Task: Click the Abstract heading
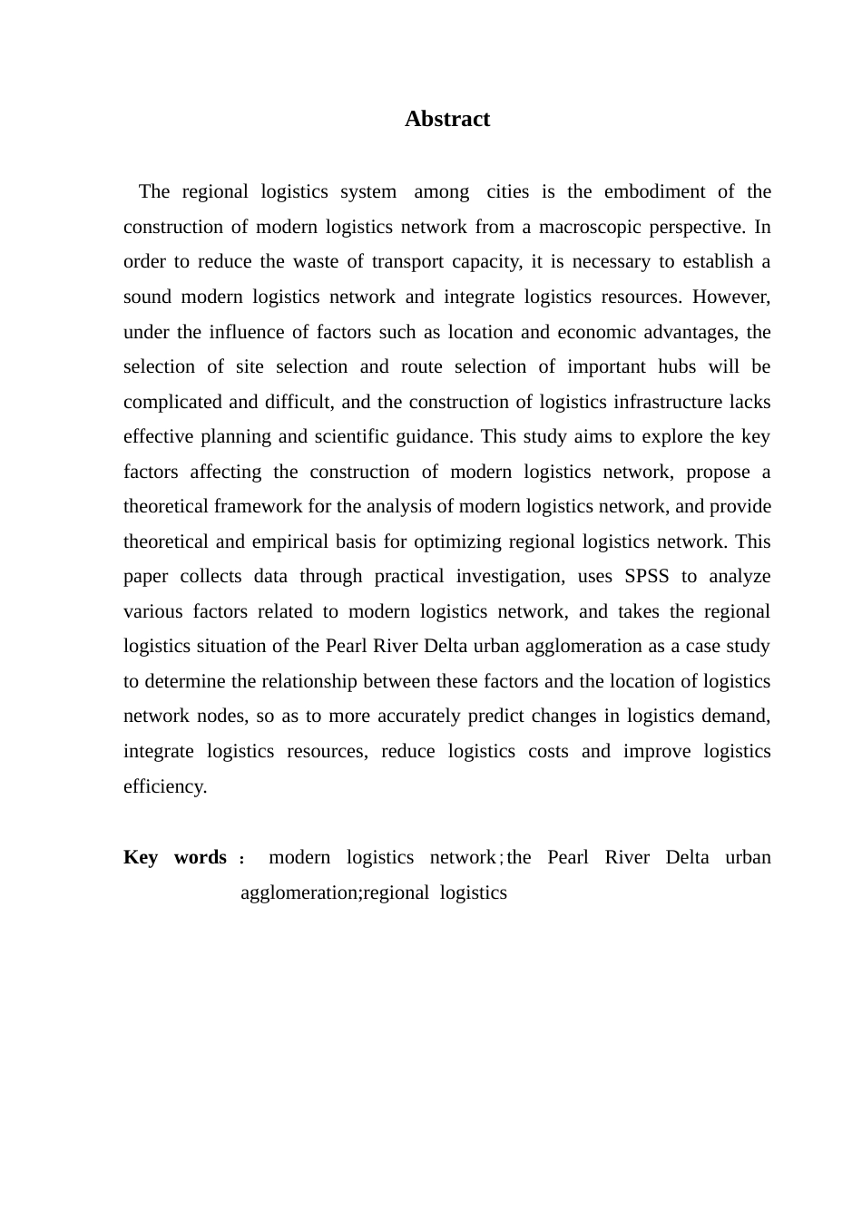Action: point(447,119)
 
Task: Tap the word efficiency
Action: point(165,786)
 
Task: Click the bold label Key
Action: point(141,857)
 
